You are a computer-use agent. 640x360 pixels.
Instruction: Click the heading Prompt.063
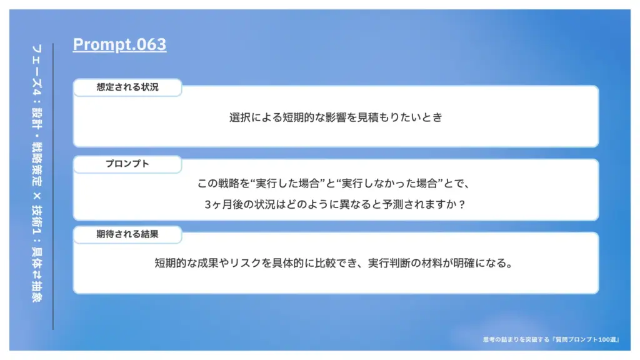click(x=119, y=44)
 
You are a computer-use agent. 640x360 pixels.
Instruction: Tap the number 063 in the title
click(x=151, y=44)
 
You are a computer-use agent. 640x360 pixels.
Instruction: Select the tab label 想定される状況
click(x=127, y=87)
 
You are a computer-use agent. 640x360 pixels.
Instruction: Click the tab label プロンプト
click(x=127, y=164)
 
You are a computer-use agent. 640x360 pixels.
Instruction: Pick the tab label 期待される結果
click(x=127, y=234)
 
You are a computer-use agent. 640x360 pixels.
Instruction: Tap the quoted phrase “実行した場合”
click(x=289, y=183)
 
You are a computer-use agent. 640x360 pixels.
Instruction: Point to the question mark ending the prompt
click(x=462, y=204)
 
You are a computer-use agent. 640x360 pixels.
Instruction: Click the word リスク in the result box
click(x=245, y=263)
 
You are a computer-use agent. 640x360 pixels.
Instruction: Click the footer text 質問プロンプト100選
click(x=586, y=339)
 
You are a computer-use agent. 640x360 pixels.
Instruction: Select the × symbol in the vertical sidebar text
click(x=37, y=196)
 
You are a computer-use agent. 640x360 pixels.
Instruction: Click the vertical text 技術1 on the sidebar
click(x=37, y=223)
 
